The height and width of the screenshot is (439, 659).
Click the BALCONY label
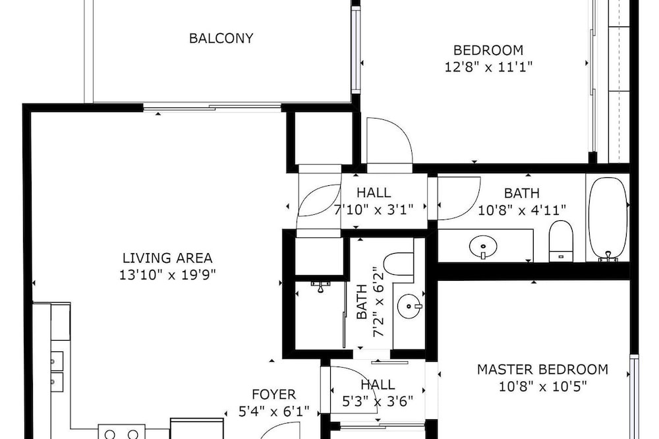[x=221, y=38]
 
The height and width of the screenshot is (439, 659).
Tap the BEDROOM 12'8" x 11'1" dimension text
[x=488, y=59]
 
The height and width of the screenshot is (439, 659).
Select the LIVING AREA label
[x=167, y=258]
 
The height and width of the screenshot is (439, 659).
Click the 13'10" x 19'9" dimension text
[x=167, y=275]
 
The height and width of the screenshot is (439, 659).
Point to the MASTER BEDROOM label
[x=542, y=370]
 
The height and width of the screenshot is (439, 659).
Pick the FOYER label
[x=274, y=394]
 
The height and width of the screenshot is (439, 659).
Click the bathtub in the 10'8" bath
[x=608, y=218]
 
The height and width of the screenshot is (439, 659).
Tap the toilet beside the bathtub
[x=561, y=241]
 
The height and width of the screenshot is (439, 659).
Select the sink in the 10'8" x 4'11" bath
[x=483, y=247]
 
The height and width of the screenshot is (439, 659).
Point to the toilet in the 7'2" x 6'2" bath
[x=399, y=264]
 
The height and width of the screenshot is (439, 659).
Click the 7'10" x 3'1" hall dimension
[x=374, y=209]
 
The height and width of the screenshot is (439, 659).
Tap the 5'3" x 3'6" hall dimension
[x=378, y=401]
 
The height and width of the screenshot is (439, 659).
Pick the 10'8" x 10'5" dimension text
[x=542, y=386]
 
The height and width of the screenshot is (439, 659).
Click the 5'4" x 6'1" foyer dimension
[x=274, y=411]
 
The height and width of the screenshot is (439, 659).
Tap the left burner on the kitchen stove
[x=110, y=434]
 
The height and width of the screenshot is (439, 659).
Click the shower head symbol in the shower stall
[x=321, y=287]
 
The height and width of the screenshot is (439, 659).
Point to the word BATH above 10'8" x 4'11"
[x=521, y=193]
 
